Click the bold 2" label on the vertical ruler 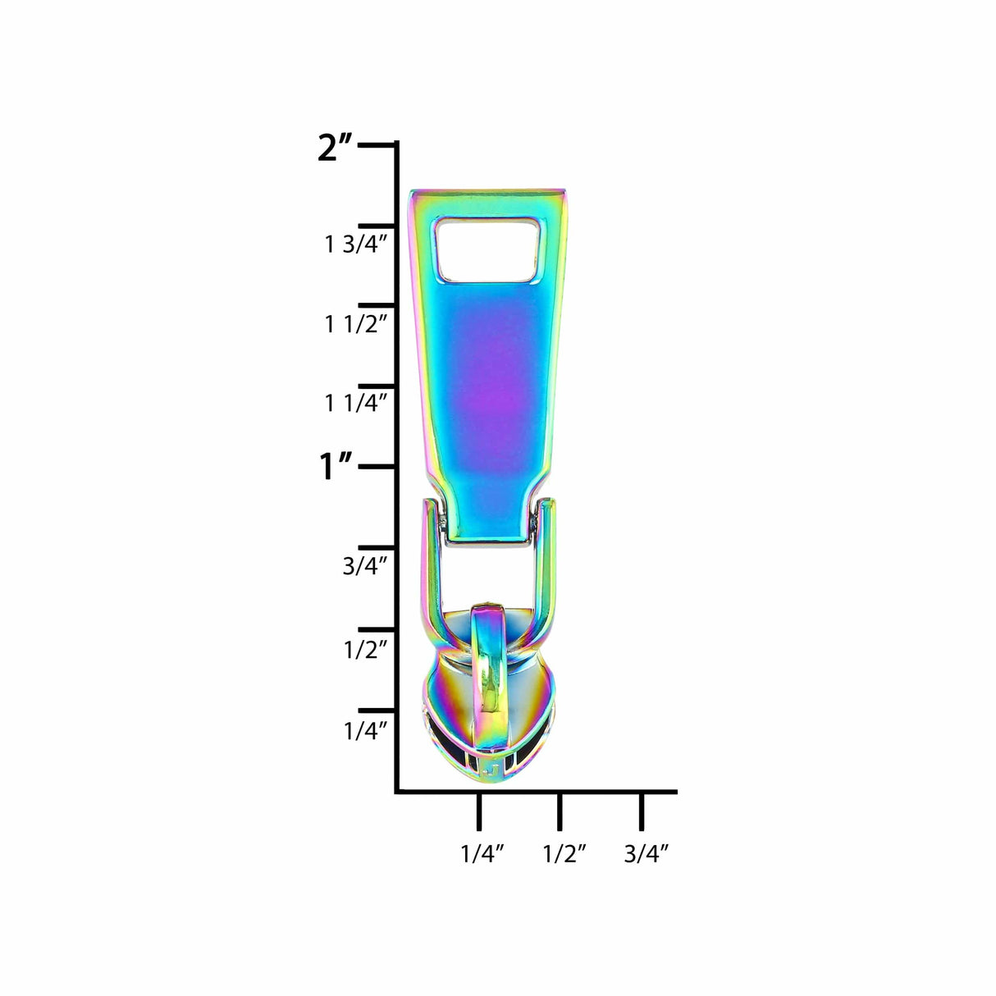click(x=335, y=148)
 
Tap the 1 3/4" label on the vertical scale click(x=355, y=244)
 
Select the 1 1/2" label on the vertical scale click(x=355, y=325)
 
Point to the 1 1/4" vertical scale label click(x=355, y=403)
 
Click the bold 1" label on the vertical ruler click(x=336, y=466)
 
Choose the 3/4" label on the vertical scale click(x=365, y=567)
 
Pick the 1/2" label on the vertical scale click(x=365, y=649)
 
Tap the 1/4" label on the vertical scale click(x=365, y=731)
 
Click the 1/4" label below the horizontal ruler click(x=482, y=853)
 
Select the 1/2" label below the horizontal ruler click(x=564, y=853)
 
